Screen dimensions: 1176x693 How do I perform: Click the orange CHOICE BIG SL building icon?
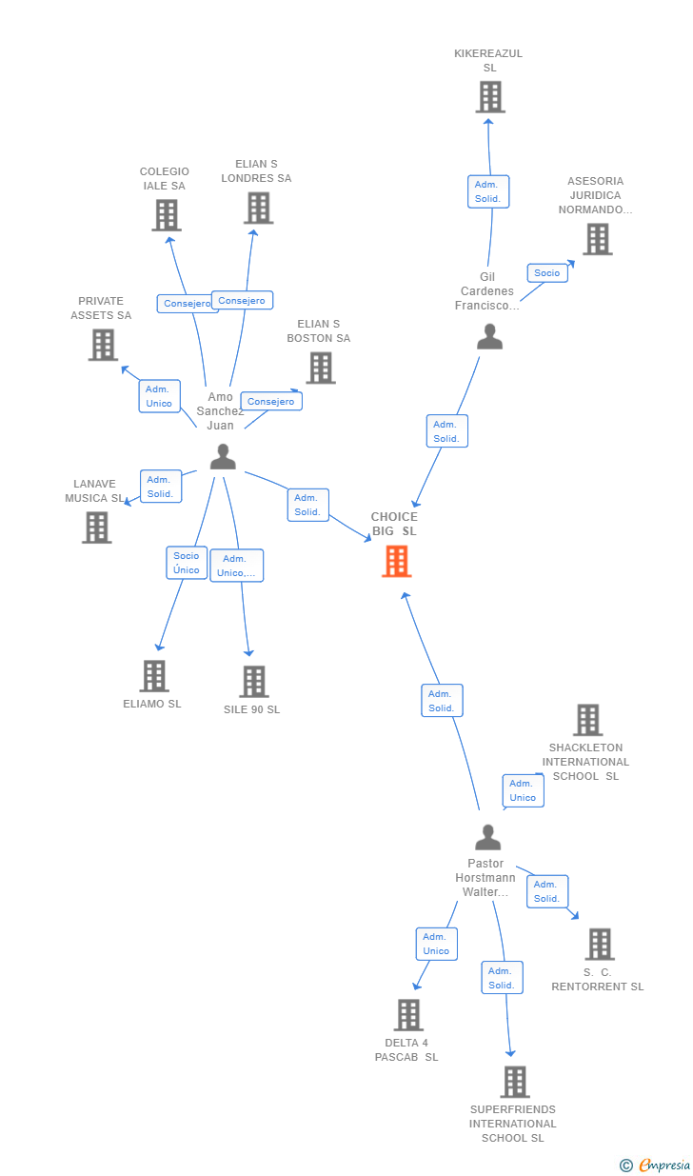coord(396,562)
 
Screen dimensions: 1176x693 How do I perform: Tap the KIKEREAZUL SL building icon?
coord(489,97)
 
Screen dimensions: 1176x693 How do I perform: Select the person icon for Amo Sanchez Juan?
coord(223,457)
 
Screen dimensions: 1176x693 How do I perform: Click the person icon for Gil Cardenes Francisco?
coord(489,337)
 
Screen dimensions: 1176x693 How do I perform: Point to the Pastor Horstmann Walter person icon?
coord(487,838)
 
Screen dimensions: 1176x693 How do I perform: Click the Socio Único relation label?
coord(187,563)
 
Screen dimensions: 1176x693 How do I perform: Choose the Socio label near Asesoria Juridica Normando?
coord(547,273)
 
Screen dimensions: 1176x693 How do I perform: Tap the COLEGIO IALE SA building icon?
coord(167,215)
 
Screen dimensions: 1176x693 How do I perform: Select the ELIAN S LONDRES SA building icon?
coord(258,208)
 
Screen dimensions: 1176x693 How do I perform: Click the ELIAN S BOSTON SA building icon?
coord(321,368)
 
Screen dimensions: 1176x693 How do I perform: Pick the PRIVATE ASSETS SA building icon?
coord(103,345)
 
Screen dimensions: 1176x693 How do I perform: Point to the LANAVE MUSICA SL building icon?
coord(96,528)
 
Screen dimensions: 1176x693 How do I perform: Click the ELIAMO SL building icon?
coord(154,676)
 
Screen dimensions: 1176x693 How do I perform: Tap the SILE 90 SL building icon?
coord(254,682)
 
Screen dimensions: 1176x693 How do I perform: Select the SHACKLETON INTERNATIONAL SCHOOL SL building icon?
coord(588,720)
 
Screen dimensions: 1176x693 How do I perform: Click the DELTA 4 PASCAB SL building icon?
coord(408,1015)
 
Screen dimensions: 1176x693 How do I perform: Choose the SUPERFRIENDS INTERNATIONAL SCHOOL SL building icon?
coord(515,1082)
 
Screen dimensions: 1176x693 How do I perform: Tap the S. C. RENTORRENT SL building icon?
coord(600,944)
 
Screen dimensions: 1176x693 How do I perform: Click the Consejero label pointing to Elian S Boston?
coord(271,402)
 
